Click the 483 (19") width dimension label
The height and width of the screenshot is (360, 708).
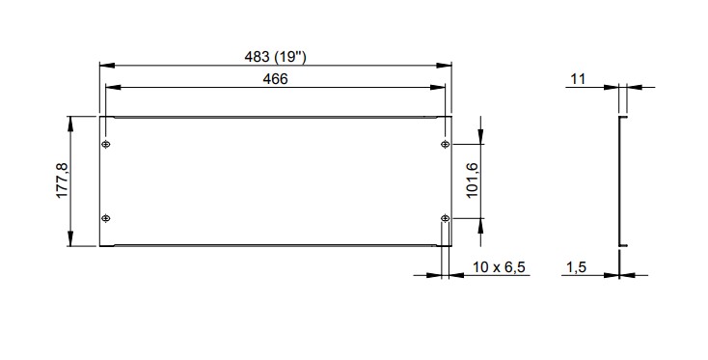click(275, 57)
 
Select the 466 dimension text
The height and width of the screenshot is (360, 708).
click(275, 79)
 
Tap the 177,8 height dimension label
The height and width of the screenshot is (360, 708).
click(62, 180)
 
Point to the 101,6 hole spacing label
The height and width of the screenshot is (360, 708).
click(472, 180)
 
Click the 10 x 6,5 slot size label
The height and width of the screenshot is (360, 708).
click(499, 267)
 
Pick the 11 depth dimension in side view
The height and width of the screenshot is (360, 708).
click(578, 79)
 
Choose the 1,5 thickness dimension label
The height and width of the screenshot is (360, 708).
click(576, 267)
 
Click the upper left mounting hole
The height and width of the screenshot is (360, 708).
click(106, 144)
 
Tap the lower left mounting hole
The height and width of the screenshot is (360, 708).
click(106, 219)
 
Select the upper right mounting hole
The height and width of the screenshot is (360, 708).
click(446, 144)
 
